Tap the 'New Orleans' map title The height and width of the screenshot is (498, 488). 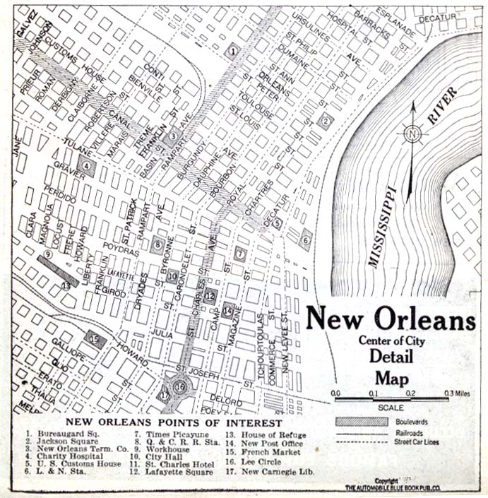391,320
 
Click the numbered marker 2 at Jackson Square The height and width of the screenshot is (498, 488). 325,120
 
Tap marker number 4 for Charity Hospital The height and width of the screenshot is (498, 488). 87,167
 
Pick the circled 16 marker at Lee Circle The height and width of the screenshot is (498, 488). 180,386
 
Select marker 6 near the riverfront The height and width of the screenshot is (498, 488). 305,239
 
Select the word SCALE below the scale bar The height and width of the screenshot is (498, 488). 391,408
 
